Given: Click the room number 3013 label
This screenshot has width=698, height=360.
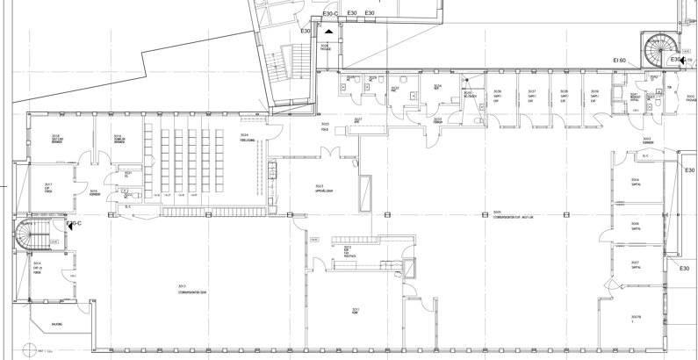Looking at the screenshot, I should [x=183, y=286].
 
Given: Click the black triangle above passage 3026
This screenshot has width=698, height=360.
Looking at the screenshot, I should [x=328, y=31].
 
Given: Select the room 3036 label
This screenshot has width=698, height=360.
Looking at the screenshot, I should [x=497, y=92].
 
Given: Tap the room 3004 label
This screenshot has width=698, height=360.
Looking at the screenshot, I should [x=634, y=181].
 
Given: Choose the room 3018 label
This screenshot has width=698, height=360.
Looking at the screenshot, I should [x=116, y=138].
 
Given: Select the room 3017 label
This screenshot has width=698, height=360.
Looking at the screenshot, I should [x=49, y=185].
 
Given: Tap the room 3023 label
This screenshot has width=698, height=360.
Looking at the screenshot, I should [x=320, y=186].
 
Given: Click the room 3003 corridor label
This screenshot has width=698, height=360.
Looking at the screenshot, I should [x=647, y=140].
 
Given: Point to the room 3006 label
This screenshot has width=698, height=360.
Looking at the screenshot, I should [x=634, y=224].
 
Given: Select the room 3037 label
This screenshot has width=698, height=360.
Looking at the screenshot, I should [x=531, y=92].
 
